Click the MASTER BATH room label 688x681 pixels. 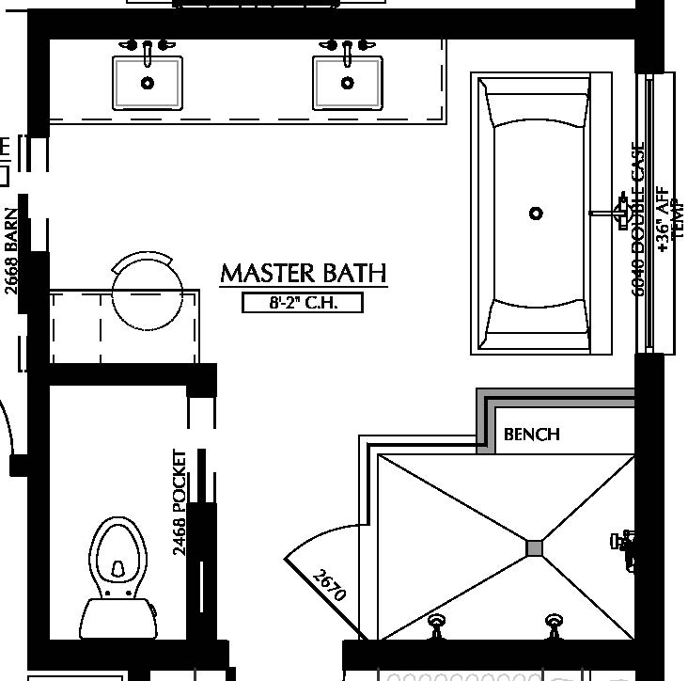(x=303, y=273)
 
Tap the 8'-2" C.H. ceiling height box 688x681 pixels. (x=303, y=303)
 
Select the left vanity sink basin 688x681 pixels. (x=148, y=83)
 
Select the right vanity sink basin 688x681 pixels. (x=348, y=83)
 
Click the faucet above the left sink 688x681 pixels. (x=148, y=47)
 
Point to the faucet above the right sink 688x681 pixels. (x=348, y=47)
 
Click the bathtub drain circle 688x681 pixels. (x=536, y=214)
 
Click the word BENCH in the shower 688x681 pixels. (x=532, y=435)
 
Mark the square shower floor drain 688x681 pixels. (x=535, y=547)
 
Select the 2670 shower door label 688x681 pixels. (x=330, y=585)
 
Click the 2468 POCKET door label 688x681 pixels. (x=180, y=502)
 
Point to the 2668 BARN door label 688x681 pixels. (x=11, y=250)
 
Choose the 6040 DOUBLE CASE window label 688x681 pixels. (x=640, y=220)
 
